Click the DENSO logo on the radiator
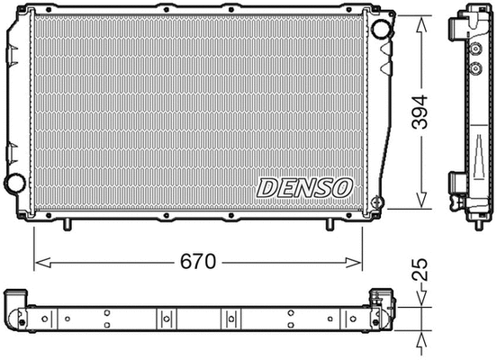pos(304,187)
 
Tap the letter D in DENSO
pos(267,187)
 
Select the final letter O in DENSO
pos(343,187)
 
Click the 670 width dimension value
pos(197,263)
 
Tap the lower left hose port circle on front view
pos(14,184)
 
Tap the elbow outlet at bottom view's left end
pos(15,310)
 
